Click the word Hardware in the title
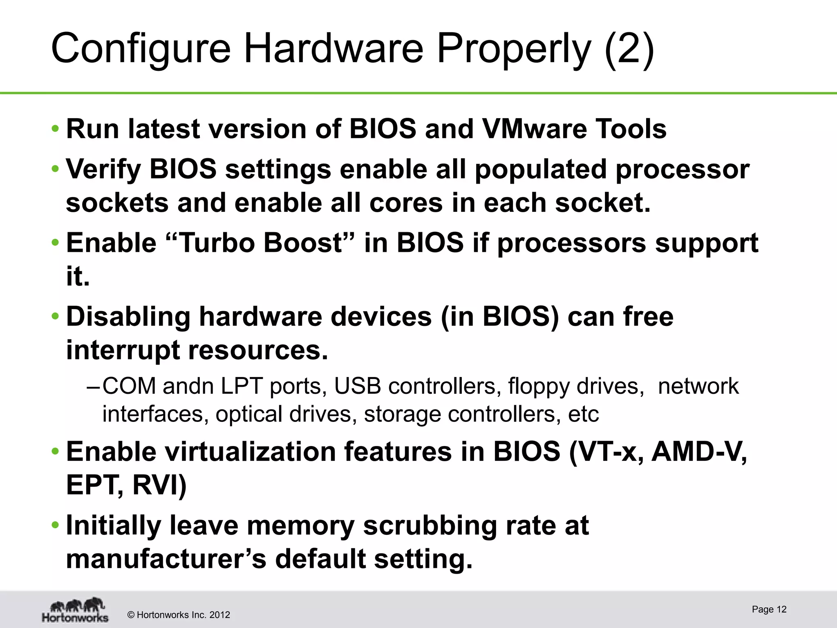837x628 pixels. pos(333,49)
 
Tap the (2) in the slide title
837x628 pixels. pos(629,49)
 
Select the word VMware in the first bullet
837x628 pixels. pos(534,129)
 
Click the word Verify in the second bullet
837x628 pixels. pos(103,169)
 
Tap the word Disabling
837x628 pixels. pos(128,317)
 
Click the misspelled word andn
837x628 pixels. pos(188,386)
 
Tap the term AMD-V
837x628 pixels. pos(699,452)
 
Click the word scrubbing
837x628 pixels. pos(430,526)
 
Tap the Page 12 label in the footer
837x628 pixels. pos(769,610)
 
